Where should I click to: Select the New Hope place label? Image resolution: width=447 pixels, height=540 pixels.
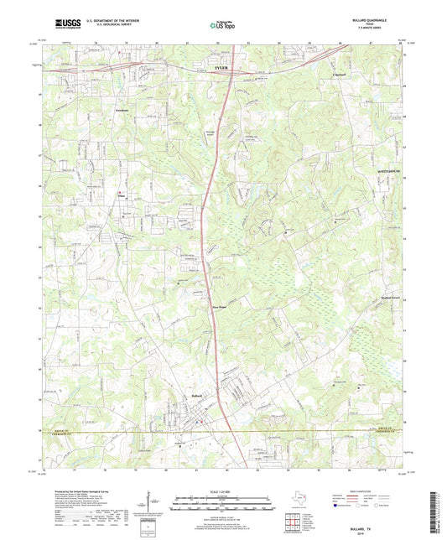coord(218,308)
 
